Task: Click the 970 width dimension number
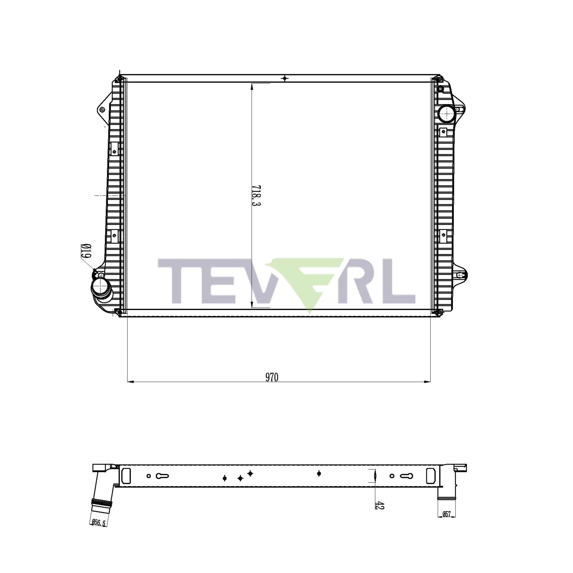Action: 272,377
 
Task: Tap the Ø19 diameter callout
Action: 86,252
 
